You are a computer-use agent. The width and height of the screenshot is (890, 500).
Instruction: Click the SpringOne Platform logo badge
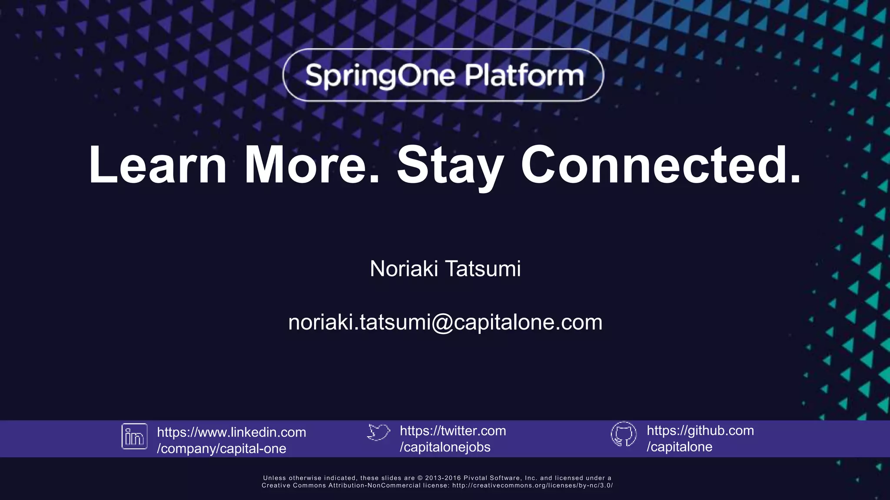tap(443, 75)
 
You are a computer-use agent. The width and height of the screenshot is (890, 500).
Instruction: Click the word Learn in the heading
tap(158, 165)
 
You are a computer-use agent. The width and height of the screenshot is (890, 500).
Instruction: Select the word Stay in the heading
tap(450, 165)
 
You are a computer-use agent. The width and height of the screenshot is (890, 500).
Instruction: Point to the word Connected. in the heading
tap(661, 165)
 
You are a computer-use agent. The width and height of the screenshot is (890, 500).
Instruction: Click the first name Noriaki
tap(404, 269)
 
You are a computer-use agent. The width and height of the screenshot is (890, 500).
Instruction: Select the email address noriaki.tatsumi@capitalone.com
tap(445, 322)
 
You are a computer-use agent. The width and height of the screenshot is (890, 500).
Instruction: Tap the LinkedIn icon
tap(134, 436)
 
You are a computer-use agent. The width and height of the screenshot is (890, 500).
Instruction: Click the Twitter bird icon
tap(378, 432)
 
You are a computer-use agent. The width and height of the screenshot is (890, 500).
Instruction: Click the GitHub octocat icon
tap(624, 434)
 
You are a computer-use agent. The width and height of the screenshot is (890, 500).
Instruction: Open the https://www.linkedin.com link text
tap(231, 432)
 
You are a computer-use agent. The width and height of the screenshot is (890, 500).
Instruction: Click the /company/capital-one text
tap(221, 448)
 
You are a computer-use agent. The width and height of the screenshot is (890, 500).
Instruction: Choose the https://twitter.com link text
tap(453, 431)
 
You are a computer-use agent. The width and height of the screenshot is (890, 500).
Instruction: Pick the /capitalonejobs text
tap(445, 447)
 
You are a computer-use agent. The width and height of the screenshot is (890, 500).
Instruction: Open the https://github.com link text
tap(700, 430)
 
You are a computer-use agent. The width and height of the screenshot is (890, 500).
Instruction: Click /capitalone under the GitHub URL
tap(679, 447)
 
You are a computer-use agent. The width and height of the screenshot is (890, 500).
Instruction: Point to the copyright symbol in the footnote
tap(420, 478)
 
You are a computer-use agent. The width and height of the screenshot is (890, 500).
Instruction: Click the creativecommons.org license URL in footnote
tap(532, 485)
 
